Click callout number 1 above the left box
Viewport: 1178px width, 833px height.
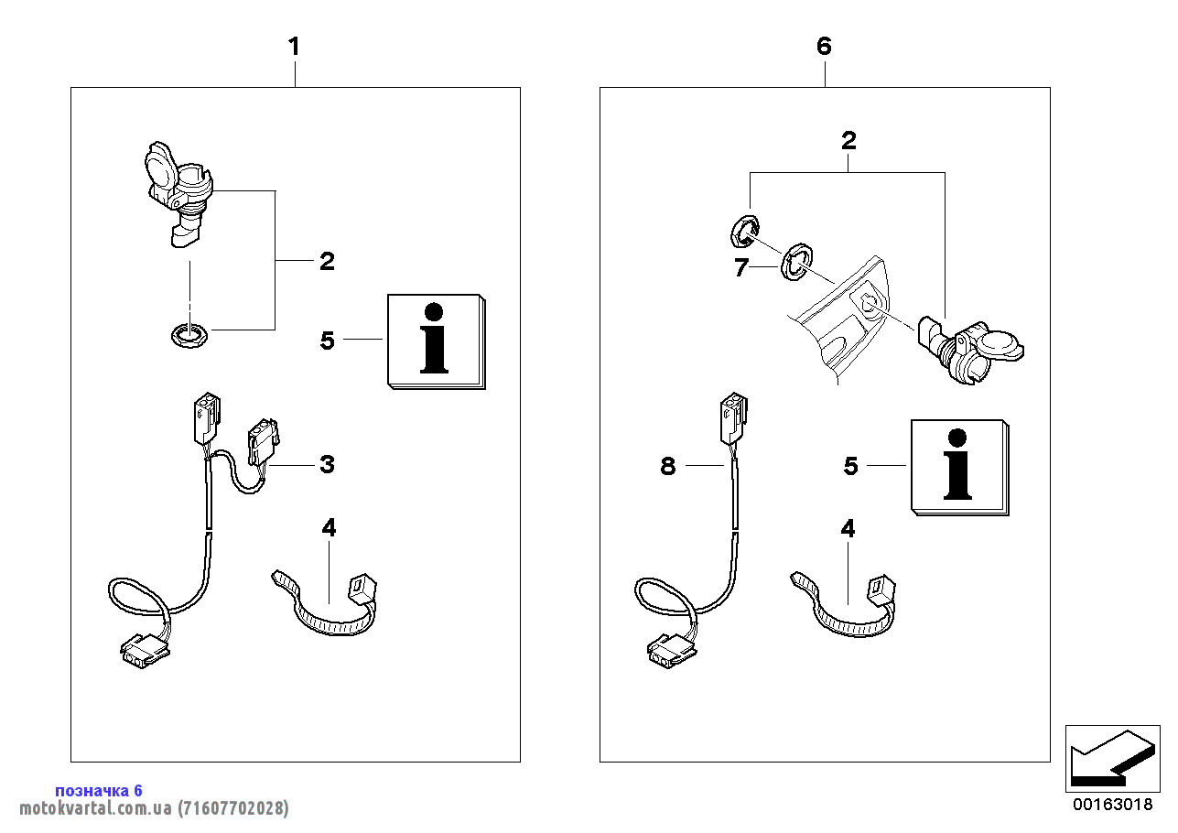click(294, 46)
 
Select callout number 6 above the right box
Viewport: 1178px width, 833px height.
click(824, 46)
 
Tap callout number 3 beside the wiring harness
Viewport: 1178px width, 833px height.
click(327, 464)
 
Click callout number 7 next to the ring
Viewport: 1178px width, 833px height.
click(742, 267)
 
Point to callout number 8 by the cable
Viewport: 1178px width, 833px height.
click(668, 466)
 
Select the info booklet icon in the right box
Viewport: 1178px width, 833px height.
click(958, 467)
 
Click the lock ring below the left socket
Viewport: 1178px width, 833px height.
click(189, 335)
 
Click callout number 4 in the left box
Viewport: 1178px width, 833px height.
click(329, 527)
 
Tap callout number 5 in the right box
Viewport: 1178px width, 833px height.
click(850, 466)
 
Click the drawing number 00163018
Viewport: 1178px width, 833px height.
click(1113, 806)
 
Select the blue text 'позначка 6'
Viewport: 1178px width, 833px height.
click(99, 790)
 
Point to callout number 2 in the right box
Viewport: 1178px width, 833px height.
click(848, 141)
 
